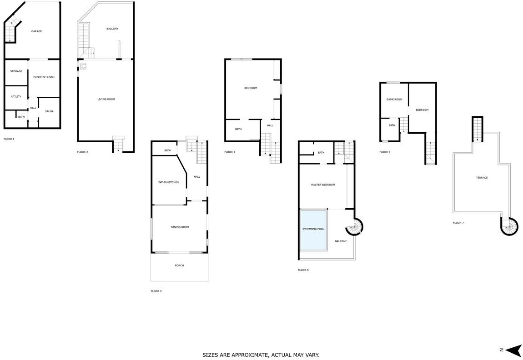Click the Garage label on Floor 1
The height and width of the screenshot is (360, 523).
point(37,31)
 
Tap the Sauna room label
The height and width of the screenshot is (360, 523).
point(49,111)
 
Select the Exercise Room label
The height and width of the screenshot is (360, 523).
point(44,77)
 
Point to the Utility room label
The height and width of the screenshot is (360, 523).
point(16,97)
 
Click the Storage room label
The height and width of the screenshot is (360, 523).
point(16,71)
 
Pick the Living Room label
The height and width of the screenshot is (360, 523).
point(106,100)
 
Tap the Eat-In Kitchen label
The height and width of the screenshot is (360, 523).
point(168,182)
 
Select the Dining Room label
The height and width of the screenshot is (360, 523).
point(180,227)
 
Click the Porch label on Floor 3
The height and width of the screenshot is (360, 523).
point(180,265)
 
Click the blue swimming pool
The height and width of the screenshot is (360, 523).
point(313,230)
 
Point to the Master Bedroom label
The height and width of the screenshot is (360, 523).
point(323,185)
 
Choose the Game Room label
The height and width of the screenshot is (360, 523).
point(394,100)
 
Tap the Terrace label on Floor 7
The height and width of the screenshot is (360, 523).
point(482,178)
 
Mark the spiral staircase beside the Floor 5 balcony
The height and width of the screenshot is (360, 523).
point(354,227)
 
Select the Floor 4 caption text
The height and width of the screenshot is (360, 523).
point(230,152)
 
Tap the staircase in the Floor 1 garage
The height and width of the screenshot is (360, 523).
point(11,32)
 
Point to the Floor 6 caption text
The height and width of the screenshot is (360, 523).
point(385,152)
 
